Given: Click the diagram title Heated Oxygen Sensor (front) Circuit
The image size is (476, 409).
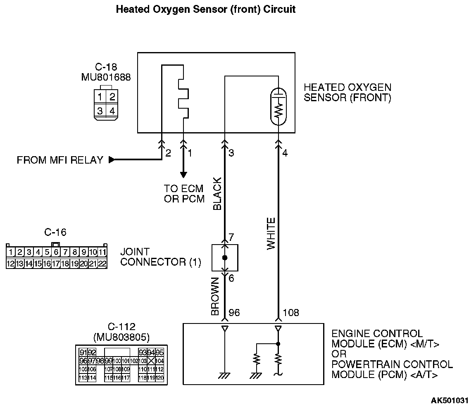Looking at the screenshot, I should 205,9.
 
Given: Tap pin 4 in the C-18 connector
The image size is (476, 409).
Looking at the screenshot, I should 112,110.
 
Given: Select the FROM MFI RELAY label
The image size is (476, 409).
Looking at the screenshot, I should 60,160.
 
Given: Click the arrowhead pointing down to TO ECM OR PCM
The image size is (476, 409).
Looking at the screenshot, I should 183,175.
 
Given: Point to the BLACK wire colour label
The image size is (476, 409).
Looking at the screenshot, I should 218,194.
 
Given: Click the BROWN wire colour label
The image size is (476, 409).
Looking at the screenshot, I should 215,297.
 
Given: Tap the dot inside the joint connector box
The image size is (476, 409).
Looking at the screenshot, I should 224,257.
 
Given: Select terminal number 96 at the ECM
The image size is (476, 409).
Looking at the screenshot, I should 234,313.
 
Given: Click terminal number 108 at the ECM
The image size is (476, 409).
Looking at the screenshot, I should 291,313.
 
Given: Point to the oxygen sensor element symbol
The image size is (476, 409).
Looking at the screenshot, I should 278,107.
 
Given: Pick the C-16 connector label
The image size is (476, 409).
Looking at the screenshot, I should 55,232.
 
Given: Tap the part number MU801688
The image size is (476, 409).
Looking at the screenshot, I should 105,77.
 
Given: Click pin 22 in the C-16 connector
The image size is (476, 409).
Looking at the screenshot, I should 102,263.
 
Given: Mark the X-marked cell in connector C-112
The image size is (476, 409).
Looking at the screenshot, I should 151,361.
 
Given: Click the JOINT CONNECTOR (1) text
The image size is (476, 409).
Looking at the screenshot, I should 160,257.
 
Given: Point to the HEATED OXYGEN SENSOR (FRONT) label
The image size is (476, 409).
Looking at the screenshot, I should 347,93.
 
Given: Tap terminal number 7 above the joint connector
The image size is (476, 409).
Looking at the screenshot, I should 231,238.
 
